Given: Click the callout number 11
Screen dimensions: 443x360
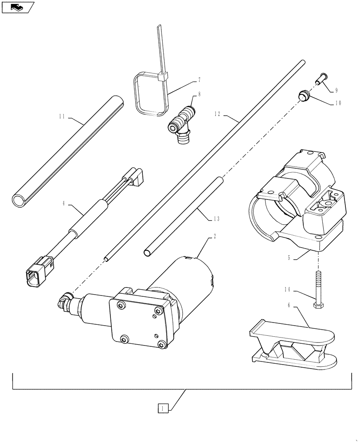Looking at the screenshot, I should click(62, 117).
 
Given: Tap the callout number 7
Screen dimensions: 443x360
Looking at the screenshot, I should click(200, 80).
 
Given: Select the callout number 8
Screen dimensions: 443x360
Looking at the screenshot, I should click(200, 94).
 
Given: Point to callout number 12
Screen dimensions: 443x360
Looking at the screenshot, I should click(217, 114).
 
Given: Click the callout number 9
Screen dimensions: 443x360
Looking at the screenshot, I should click(337, 90).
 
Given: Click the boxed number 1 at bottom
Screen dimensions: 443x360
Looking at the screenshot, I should click(163, 408).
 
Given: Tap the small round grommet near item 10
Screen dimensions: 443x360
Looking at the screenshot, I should click(303, 95).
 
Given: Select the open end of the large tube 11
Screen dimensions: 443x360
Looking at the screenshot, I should click(19, 201).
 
